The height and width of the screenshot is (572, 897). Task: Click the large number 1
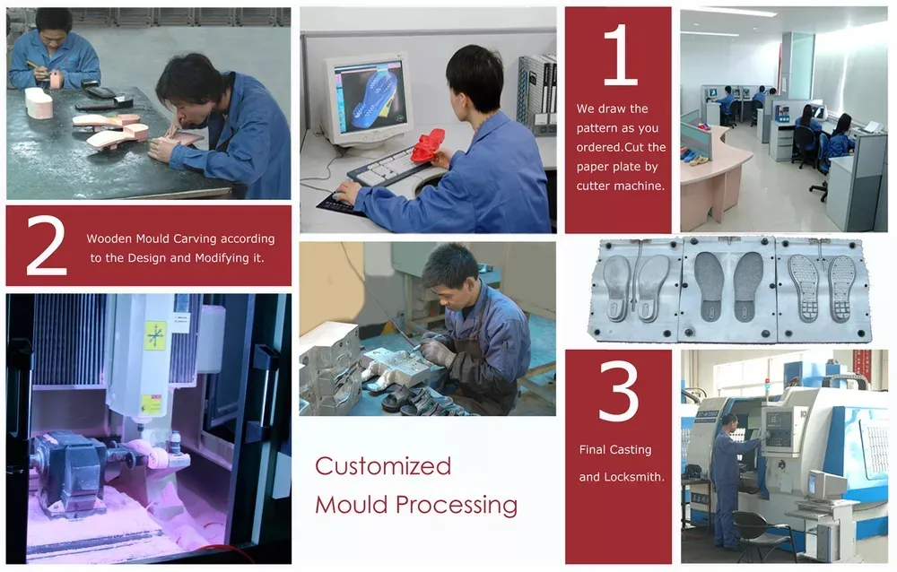[622, 56]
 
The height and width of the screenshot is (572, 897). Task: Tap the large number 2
[47, 246]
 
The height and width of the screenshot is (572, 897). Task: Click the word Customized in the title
[383, 466]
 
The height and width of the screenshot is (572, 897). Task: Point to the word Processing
[457, 506]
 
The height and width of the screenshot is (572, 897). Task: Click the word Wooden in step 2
[109, 238]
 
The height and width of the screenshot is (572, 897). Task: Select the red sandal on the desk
[427, 146]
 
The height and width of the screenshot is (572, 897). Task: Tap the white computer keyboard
[389, 168]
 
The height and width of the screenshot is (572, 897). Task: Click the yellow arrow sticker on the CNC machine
[155, 335]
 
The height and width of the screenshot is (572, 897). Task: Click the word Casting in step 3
[631, 450]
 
